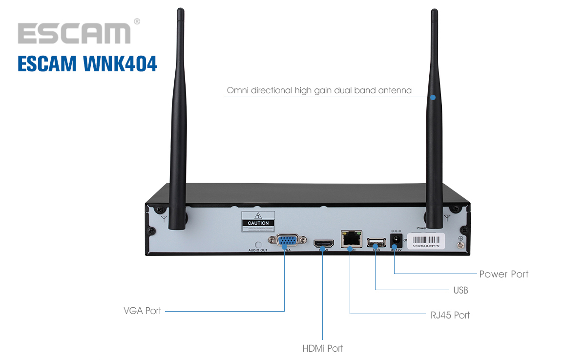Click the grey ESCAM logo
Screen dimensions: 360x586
pos(74,33)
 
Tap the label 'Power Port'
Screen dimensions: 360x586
pos(503,274)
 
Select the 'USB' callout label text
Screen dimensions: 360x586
pos(460,291)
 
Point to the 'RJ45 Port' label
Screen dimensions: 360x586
pos(449,315)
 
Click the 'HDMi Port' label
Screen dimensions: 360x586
pos(322,349)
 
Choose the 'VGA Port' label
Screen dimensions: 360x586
pos(142,311)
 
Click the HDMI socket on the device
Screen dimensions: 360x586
pos(323,243)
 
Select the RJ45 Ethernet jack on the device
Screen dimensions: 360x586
pos(351,239)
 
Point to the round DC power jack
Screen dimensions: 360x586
pos(396,241)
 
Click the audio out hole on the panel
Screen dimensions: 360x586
pos(258,244)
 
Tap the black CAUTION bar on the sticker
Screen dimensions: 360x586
pos(258,223)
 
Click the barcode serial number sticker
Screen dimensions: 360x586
pos(427,240)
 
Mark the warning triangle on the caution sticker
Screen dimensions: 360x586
pos(258,216)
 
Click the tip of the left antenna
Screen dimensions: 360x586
pos(180,11)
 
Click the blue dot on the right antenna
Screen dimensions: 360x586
pos(433,97)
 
